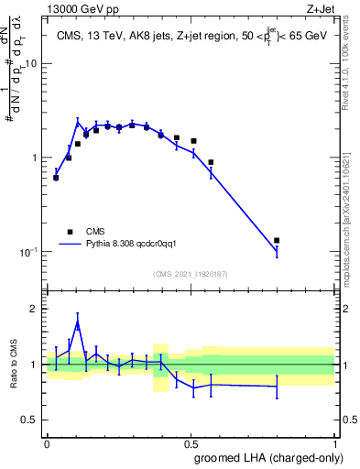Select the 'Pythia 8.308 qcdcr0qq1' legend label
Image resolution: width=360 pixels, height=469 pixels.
(137, 245)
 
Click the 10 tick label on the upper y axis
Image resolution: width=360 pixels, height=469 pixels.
(31, 63)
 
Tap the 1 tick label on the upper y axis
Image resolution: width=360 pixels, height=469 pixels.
(35, 158)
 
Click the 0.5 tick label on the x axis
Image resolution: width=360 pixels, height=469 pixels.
(190, 442)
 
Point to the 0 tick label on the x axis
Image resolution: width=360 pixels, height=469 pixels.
(47, 442)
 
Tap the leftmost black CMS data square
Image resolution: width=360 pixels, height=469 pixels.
(56, 178)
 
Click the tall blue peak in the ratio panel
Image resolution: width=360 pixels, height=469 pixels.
(78, 323)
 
